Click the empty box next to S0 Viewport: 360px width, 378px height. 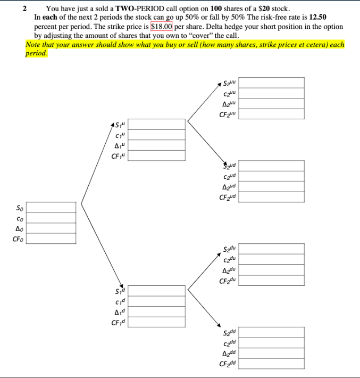(51, 208)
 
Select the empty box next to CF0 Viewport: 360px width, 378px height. (51, 238)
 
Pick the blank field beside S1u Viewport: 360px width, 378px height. (156, 125)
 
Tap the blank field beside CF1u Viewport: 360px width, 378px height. (156, 155)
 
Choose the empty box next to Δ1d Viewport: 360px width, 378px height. (156, 310)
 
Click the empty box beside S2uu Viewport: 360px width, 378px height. (274, 83)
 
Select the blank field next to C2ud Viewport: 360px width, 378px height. (274, 176)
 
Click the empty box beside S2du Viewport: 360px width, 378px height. (274, 249)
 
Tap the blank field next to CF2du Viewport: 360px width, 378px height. (274, 280)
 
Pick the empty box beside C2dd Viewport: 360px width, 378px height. (274, 342)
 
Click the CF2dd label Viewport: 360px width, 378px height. (228, 363)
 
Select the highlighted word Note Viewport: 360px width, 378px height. (35, 45)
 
